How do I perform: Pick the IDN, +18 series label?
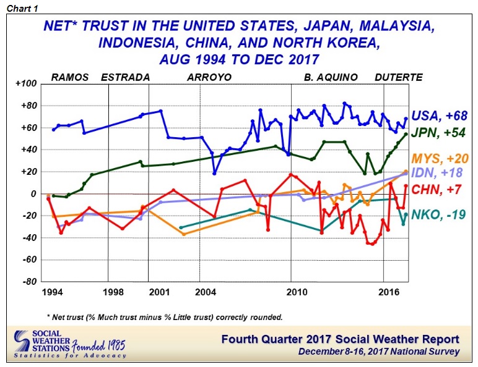point(441,174)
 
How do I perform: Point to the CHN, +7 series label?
point(441,189)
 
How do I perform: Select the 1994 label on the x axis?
point(52,292)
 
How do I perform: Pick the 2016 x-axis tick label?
point(388,292)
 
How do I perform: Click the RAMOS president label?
point(69,77)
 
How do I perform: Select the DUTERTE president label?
point(399,77)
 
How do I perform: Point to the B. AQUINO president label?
point(331,77)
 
